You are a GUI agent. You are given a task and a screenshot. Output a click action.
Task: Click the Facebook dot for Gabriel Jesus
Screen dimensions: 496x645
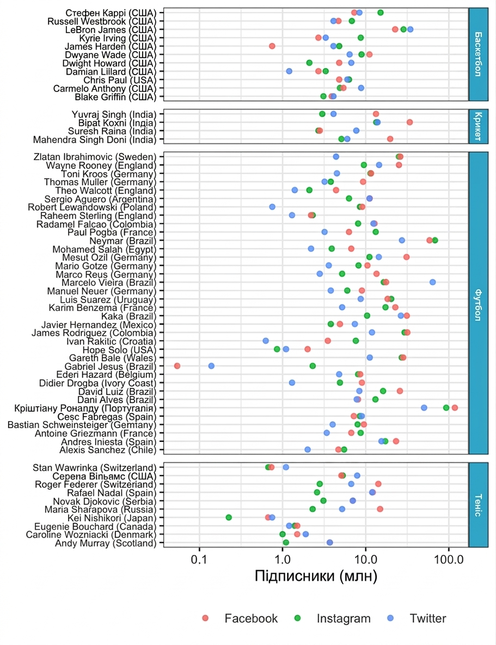coord(177,366)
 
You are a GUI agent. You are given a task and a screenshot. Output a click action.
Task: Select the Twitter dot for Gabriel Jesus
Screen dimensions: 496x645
coord(211,366)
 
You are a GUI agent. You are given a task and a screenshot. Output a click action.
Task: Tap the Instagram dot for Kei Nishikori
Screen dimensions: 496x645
coord(229,518)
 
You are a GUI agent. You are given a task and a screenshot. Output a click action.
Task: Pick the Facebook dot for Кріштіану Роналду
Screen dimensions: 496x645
coord(455,407)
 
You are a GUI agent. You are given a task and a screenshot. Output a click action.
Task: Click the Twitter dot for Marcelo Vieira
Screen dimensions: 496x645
coord(433,282)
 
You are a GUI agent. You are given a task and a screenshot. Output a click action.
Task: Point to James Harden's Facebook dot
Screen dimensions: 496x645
coord(272,46)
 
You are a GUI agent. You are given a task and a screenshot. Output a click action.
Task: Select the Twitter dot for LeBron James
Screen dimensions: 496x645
coord(410,29)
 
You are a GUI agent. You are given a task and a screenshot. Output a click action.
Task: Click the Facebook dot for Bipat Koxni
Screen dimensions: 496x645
coord(409,122)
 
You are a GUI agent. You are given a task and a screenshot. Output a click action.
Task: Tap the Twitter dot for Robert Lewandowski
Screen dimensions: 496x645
coord(272,207)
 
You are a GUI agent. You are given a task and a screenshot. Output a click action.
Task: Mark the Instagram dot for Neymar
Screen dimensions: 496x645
coord(435,240)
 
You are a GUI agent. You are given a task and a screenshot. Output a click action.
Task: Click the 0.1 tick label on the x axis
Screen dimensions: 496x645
coord(199,559)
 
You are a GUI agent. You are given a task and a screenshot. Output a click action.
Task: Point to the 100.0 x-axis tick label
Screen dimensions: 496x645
coord(449,559)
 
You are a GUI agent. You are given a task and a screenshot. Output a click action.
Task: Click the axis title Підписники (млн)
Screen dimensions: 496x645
coord(316,576)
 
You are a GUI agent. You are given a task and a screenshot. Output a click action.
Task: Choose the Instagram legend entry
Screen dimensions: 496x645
coord(334,618)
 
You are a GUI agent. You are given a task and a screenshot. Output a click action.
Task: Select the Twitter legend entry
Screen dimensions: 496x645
coord(417,618)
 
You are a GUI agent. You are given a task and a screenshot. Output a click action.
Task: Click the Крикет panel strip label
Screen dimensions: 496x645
coord(479,126)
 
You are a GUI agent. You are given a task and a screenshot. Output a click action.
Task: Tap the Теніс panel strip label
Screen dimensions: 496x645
coord(479,505)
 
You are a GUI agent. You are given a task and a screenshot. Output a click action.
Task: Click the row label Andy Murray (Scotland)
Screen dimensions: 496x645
coord(106,543)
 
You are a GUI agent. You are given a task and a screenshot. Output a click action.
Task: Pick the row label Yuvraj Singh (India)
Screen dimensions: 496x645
coord(114,114)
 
